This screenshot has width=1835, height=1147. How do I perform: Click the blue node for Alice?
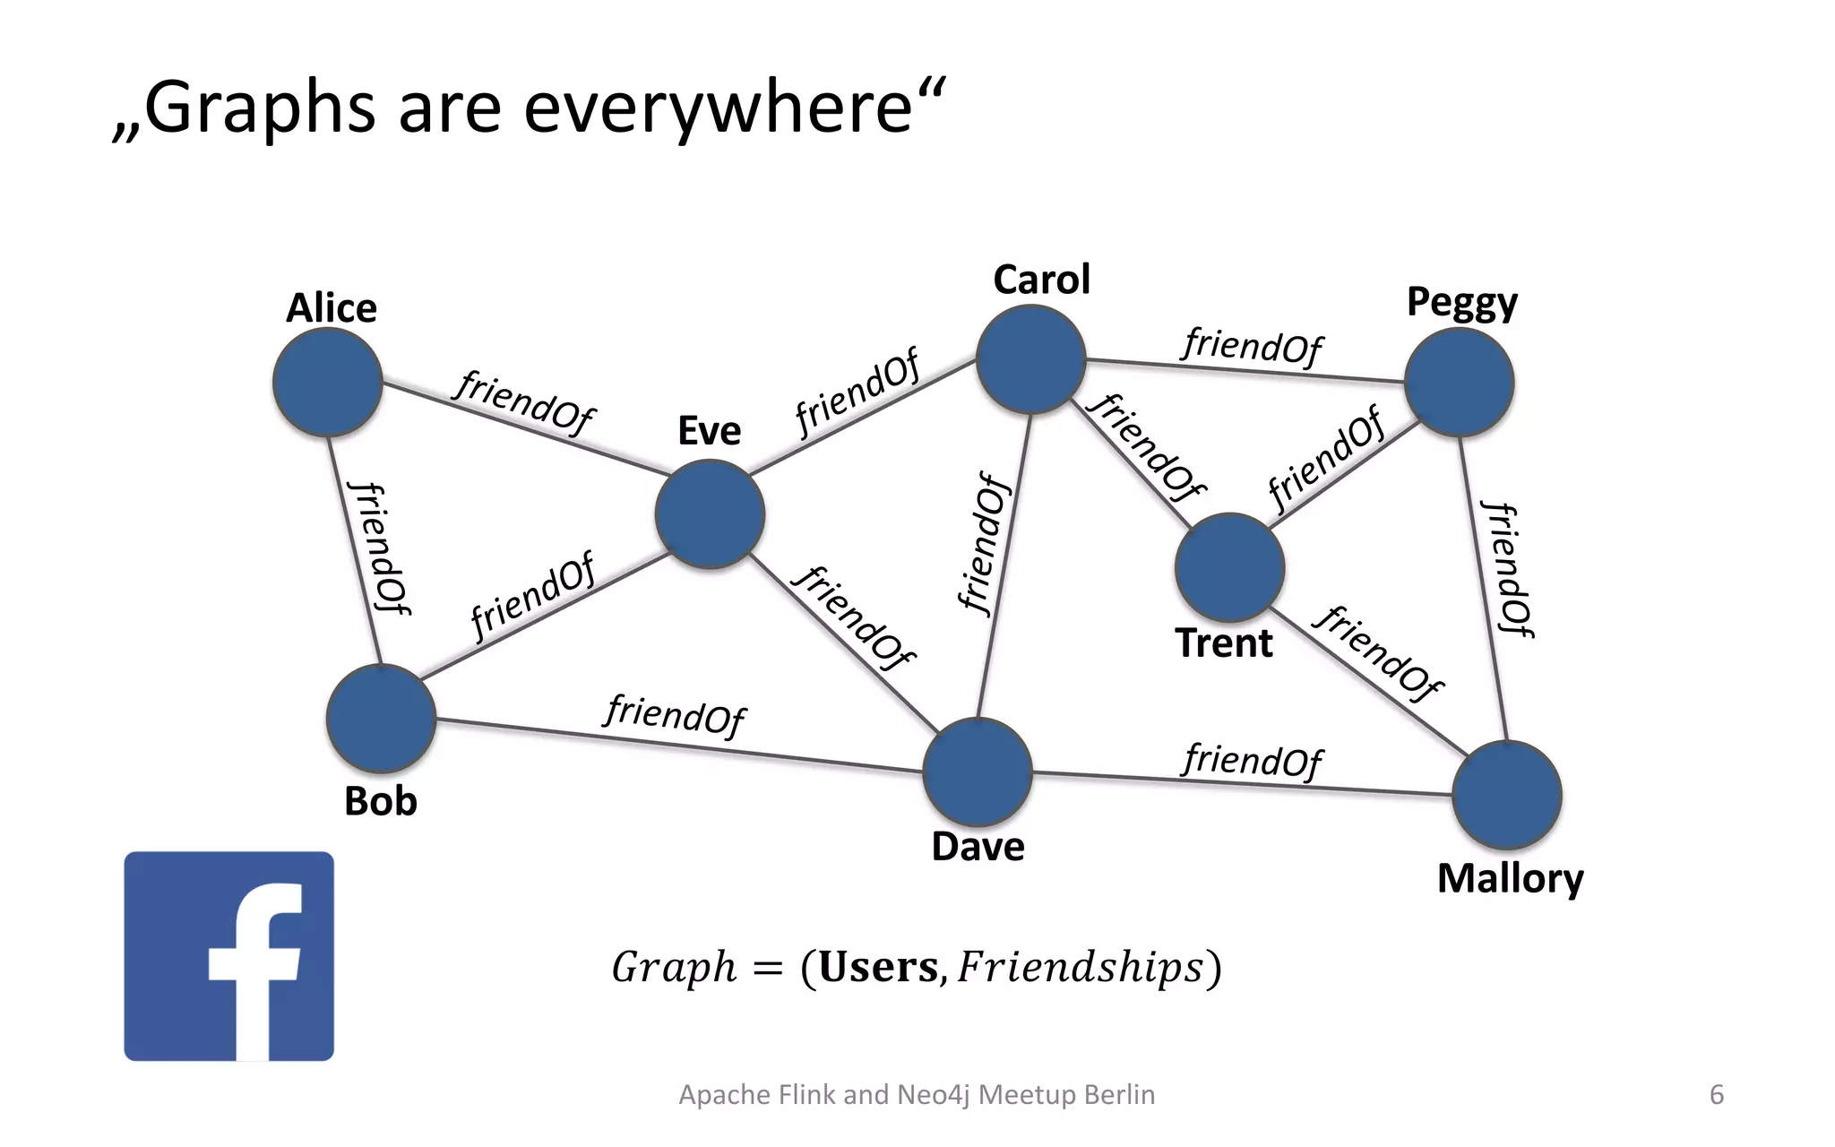tap(328, 383)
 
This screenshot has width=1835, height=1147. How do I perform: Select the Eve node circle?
tap(710, 514)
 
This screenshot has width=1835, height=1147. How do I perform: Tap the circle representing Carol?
tap(1031, 359)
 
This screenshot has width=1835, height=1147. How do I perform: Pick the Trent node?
tap(1229, 567)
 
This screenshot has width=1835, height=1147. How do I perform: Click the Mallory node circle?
tap(1507, 795)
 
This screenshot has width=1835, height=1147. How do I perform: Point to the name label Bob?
tap(381, 801)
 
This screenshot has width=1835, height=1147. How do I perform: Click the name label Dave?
tap(978, 847)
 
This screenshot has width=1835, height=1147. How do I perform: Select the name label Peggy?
tap(1461, 303)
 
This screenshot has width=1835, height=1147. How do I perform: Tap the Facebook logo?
tap(229, 956)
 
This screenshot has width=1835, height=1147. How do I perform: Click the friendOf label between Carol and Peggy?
tap(1252, 346)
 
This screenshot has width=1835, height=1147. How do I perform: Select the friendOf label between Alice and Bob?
tap(379, 548)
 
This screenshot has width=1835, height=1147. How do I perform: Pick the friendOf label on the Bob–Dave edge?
tap(676, 714)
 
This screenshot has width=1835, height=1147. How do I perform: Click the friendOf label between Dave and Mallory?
tap(1252, 761)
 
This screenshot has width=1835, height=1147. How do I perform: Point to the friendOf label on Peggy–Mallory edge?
tap(1507, 569)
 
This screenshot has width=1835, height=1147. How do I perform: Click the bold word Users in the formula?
tap(878, 968)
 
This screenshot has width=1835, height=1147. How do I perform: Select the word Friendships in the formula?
tap(1080, 968)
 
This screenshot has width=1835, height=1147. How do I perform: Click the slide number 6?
tap(1717, 1094)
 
